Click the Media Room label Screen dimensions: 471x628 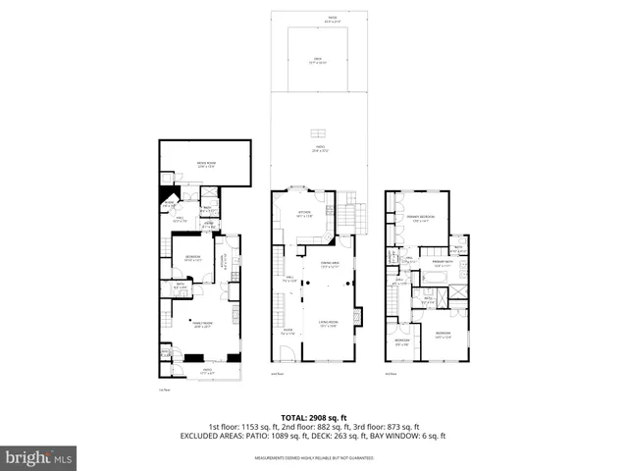pos(206,165)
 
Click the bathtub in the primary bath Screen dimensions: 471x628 pos(433,291)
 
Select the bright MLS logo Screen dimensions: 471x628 pos(39,457)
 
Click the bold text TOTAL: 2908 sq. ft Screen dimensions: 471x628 pos(314,417)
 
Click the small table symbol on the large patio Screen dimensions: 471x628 pos(318,134)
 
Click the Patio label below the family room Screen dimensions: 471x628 pos(207,371)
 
